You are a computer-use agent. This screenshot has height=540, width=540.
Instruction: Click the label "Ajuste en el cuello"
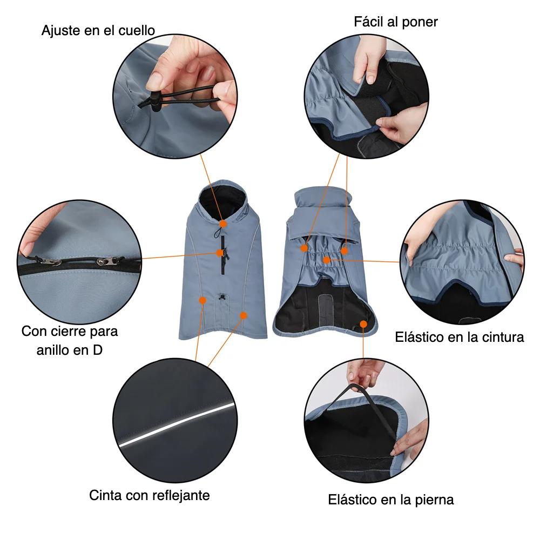98,31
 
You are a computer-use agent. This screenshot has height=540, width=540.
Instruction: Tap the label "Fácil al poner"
396,22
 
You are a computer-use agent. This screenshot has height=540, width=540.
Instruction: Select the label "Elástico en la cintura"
460,337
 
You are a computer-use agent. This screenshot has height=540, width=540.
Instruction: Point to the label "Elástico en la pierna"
390,500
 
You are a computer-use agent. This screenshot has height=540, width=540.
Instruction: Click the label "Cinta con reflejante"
150,495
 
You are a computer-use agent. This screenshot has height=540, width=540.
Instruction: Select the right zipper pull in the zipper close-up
107,262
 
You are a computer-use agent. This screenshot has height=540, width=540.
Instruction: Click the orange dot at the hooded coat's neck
223,224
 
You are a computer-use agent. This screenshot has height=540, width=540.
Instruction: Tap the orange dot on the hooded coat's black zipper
220,253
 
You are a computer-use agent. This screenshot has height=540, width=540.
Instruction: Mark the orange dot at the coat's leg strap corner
363,324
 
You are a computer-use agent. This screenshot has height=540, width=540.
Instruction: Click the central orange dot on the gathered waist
327,260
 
